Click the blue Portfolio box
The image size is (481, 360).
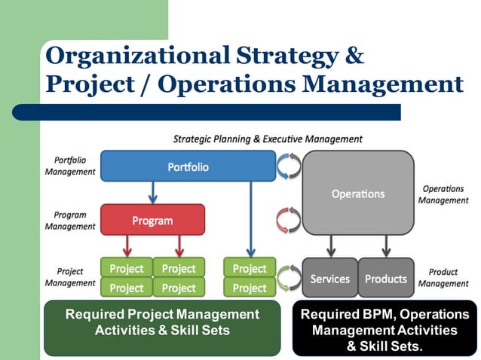188,166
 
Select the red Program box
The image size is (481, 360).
152,220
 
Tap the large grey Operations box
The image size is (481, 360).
358,193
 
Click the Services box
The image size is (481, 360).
329,278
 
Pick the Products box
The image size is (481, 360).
385,278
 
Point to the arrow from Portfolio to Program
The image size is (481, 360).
152,193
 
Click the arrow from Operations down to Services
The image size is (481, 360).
331,246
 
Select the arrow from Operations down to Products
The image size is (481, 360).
386,246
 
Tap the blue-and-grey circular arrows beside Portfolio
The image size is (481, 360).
290,166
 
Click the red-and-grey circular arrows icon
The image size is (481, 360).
290,220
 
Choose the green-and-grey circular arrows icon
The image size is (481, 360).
290,277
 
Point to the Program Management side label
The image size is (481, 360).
70,220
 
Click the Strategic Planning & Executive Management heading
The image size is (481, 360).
268,139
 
